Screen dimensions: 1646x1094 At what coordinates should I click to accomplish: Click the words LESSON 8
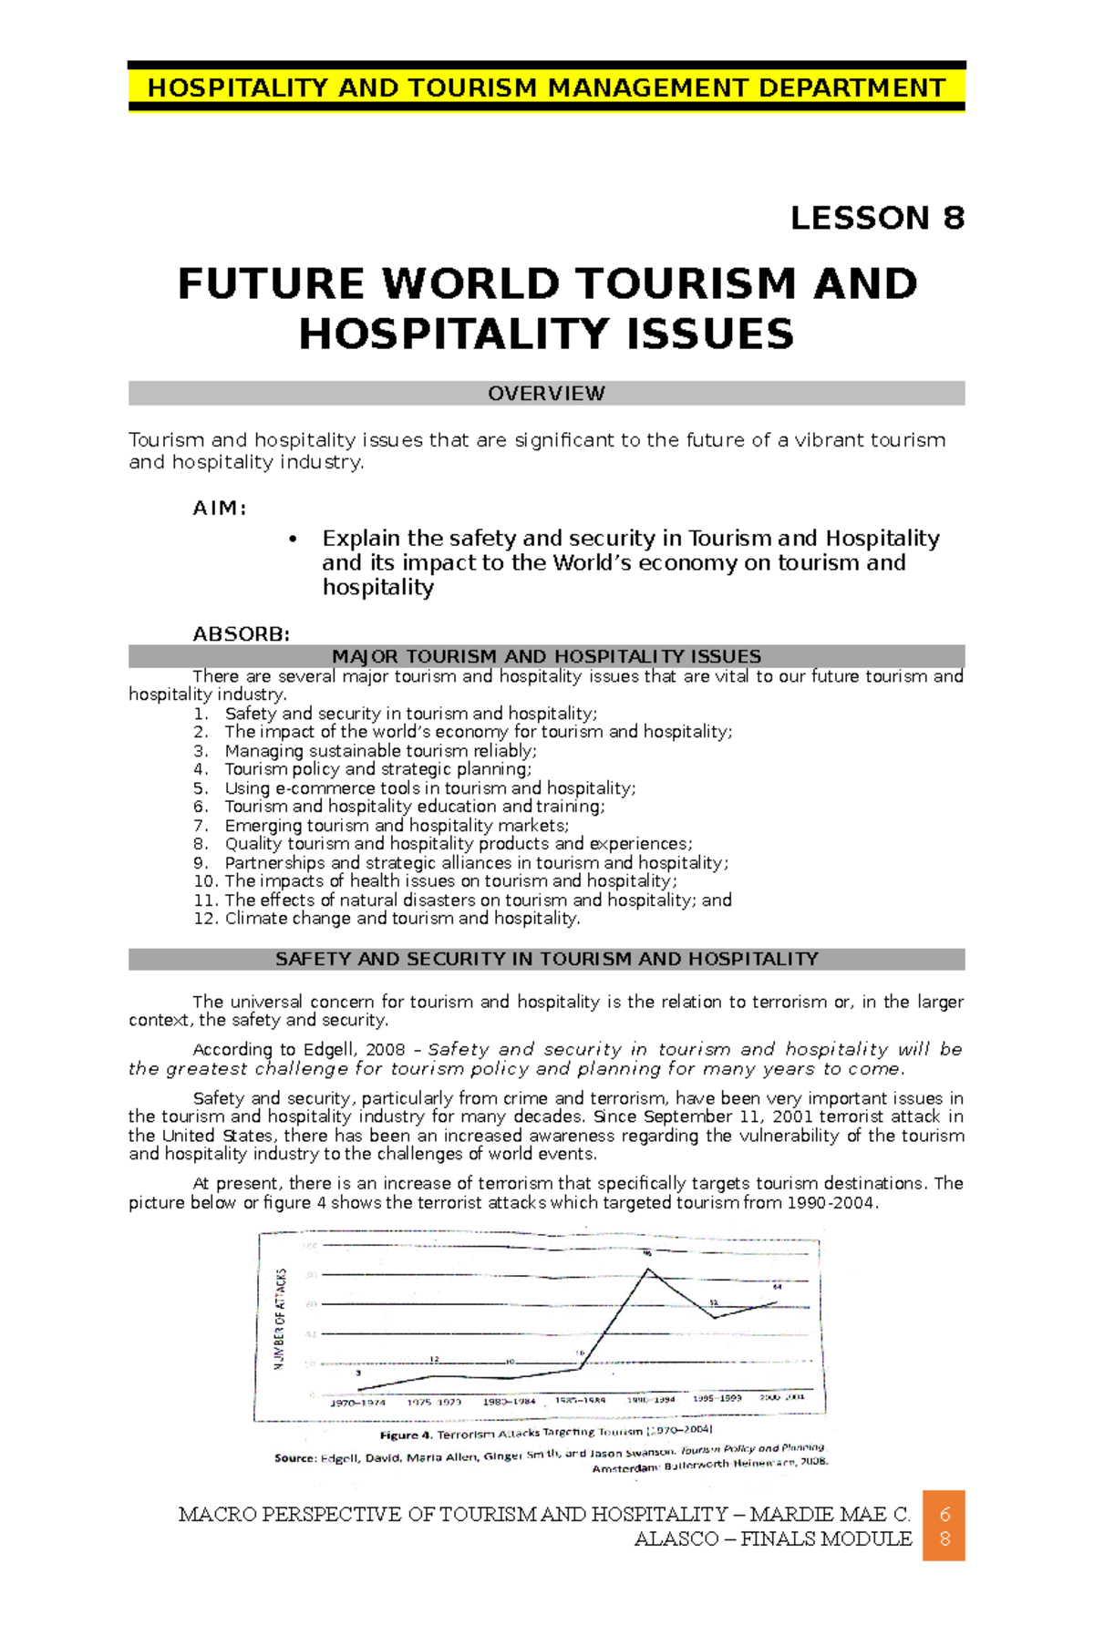(x=877, y=219)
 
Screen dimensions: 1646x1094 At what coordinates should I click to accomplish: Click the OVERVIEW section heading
(x=546, y=394)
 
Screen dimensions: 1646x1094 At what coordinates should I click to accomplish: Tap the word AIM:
(x=220, y=509)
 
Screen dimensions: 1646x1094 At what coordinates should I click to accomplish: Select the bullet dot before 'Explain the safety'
(x=293, y=540)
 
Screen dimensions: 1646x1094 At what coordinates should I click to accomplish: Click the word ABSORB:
(x=242, y=634)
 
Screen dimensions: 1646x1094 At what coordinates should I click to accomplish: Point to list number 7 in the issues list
(x=201, y=826)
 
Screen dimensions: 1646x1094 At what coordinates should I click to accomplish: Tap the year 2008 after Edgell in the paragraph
(x=385, y=1050)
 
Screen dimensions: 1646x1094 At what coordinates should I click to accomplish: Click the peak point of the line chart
(x=648, y=1268)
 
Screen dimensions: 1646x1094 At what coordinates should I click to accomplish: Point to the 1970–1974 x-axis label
(x=357, y=1403)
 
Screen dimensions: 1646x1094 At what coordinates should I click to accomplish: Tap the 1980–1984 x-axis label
(x=509, y=1402)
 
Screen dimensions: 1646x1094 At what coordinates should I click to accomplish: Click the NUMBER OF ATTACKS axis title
(x=281, y=1318)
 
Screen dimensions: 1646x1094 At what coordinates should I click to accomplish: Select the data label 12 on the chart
(x=435, y=1359)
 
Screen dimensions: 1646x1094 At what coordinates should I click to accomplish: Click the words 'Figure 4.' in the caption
(x=406, y=1435)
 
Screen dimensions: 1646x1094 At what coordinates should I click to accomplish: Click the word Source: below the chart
(x=295, y=1458)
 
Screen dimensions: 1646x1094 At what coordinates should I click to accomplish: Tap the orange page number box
(x=944, y=1526)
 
